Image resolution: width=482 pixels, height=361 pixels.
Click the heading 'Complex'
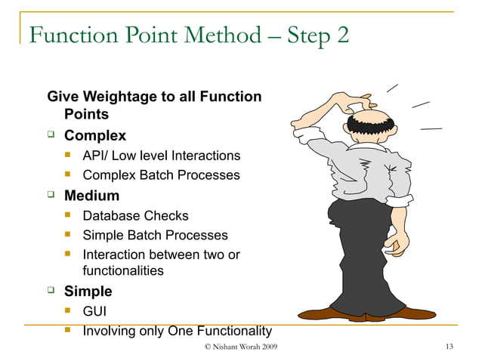(94, 136)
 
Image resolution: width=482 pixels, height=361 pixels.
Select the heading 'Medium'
(91, 196)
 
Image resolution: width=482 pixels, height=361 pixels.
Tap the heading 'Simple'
(88, 291)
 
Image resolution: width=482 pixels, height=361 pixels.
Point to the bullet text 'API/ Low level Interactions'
(161, 156)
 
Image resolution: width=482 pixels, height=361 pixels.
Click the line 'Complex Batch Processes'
(161, 175)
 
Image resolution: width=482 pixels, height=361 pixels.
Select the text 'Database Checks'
(135, 215)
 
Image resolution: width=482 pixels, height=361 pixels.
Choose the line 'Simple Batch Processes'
(155, 235)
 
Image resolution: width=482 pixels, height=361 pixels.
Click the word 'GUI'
(94, 310)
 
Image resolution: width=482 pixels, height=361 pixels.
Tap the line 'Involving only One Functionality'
(177, 331)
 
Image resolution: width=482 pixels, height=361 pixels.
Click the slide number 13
(450, 347)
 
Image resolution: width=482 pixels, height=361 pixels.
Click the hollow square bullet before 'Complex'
(51, 136)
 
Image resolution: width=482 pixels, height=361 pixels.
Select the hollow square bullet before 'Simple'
(51, 291)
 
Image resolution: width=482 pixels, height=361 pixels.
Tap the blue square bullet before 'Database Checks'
(70, 215)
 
